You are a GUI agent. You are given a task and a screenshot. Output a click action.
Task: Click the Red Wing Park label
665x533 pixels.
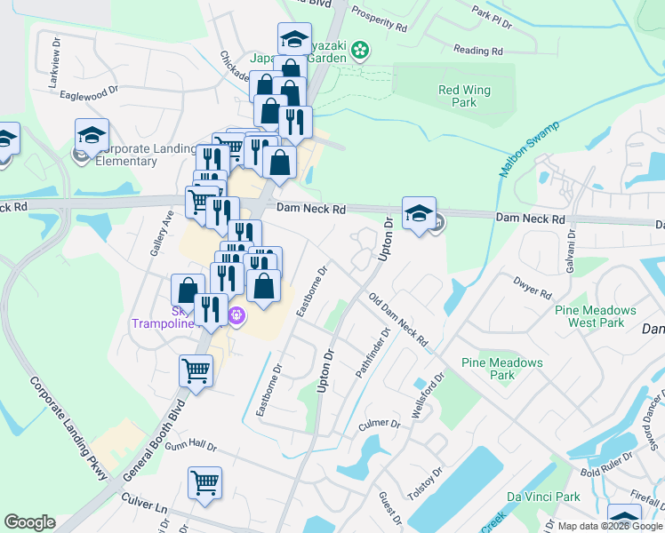tap(458, 96)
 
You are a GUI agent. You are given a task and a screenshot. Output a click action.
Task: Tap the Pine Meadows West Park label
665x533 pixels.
tap(595, 316)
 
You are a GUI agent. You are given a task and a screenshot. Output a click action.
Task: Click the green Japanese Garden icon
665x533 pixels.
tap(360, 51)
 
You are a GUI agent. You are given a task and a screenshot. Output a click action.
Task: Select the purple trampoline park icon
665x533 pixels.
tap(236, 314)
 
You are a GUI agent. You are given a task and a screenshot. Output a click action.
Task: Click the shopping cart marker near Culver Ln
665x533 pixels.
tap(204, 484)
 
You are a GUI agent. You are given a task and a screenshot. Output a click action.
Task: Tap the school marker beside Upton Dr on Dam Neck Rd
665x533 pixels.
tap(419, 214)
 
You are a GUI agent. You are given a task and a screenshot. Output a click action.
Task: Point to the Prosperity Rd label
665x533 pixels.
tap(379, 17)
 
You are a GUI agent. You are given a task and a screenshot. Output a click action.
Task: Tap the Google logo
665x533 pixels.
tap(29, 522)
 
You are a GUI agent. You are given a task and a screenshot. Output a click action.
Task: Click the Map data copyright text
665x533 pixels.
tap(610, 526)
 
